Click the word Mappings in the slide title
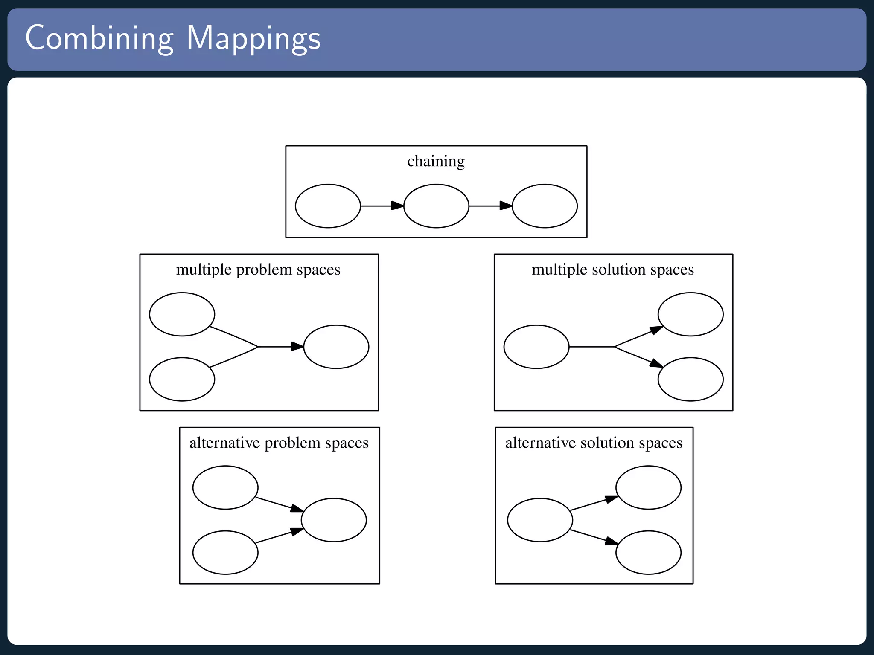(253, 38)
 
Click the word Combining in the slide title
(99, 38)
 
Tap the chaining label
(436, 161)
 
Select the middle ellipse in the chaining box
(436, 206)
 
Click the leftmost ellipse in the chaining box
(328, 206)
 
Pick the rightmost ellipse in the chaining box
(545, 206)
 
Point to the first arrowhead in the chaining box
(397, 206)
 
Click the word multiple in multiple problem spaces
(204, 270)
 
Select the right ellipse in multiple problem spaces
(336, 347)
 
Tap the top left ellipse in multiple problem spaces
(182, 314)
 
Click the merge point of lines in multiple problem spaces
(258, 347)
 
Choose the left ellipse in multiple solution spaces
(536, 347)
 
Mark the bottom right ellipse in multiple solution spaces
(690, 379)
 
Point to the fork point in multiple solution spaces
(615, 347)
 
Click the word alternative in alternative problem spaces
(224, 443)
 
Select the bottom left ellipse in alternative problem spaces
(225, 552)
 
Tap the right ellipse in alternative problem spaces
(334, 520)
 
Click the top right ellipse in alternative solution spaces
(648, 487)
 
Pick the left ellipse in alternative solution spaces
(540, 520)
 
